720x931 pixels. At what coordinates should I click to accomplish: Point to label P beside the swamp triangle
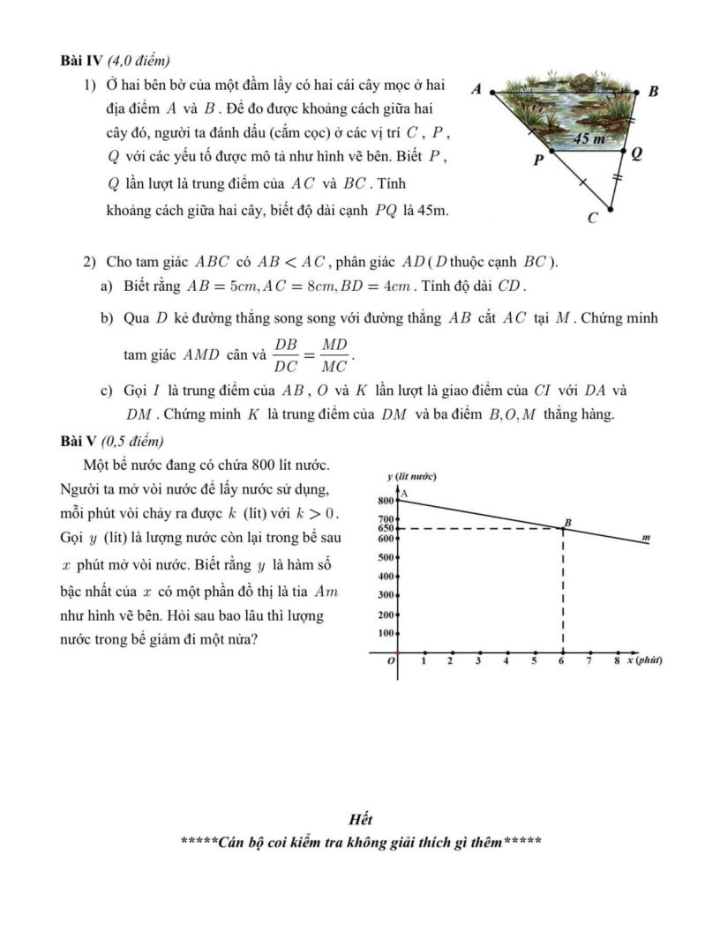click(538, 161)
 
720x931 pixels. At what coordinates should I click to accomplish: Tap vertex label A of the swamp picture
click(476, 89)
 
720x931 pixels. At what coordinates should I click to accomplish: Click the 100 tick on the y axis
click(385, 633)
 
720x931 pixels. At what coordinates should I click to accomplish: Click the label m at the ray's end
click(646, 536)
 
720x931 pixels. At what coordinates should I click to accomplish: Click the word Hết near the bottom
click(360, 820)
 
